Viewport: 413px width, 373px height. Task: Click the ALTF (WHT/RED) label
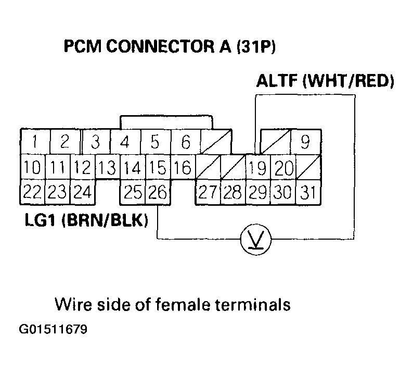(325, 82)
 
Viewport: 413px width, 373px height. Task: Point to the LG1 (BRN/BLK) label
(86, 220)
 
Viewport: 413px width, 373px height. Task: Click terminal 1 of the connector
(34, 142)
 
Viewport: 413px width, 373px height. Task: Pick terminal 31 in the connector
(308, 193)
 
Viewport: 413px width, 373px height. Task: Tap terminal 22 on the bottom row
(32, 193)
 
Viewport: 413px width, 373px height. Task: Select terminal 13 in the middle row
(107, 168)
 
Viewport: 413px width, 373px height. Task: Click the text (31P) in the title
(255, 47)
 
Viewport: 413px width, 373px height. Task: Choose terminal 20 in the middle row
(283, 168)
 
